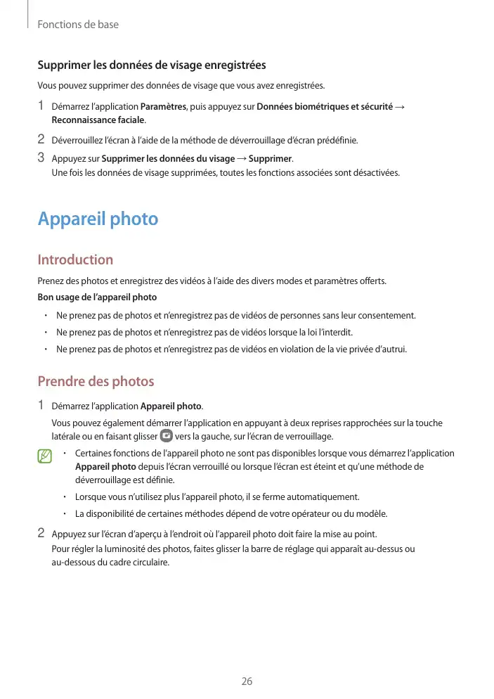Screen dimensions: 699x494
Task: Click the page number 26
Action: [x=247, y=681]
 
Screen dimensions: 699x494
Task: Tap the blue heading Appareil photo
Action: [x=98, y=219]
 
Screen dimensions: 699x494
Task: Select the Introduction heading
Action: [x=75, y=259]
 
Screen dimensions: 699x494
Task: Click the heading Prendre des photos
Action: [x=96, y=381]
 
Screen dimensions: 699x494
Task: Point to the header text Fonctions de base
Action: [x=78, y=25]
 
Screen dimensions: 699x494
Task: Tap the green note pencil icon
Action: [x=46, y=458]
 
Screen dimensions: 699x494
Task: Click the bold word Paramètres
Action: [x=163, y=106]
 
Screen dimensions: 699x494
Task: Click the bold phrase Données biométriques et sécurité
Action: [x=325, y=106]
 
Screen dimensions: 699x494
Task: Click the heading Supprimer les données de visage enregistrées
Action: [x=151, y=65]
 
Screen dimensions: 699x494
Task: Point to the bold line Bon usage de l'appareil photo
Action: [x=97, y=297]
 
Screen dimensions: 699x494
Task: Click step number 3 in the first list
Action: [x=41, y=158]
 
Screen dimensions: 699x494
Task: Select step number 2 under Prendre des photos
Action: [x=41, y=532]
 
